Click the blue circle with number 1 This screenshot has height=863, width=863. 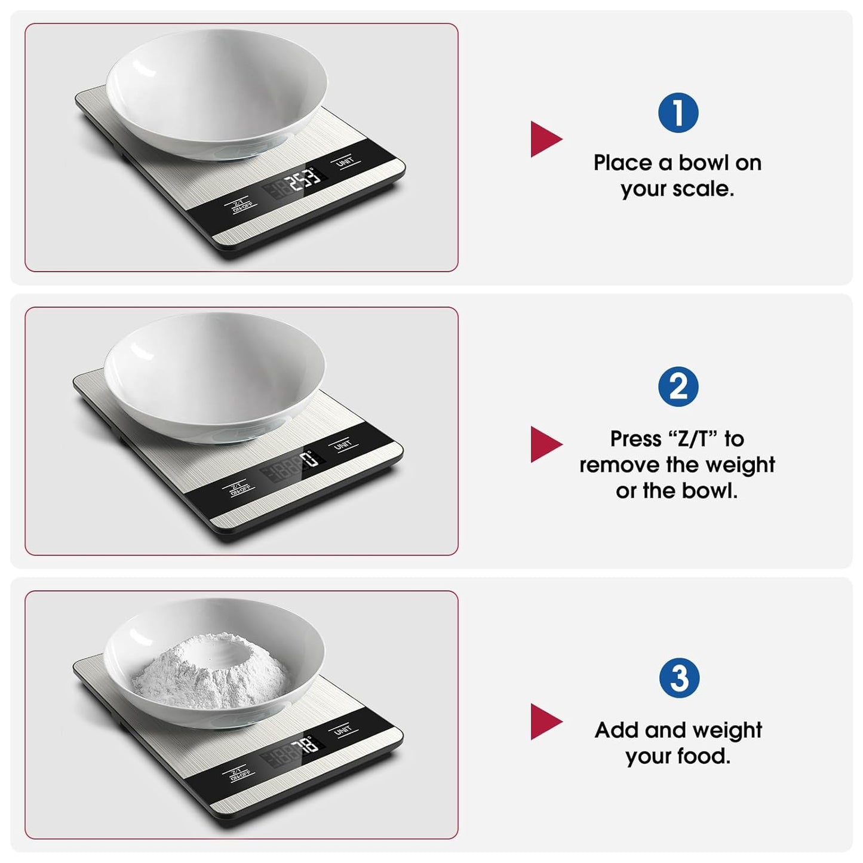point(678,113)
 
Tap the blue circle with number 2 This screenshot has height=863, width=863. point(678,387)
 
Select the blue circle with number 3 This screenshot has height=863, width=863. point(679,678)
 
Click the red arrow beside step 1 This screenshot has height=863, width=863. point(545,139)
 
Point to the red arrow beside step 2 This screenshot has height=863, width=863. point(545,444)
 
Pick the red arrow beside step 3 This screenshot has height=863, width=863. point(545,721)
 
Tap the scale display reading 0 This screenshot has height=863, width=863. point(309,459)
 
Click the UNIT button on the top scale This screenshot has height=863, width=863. point(345,162)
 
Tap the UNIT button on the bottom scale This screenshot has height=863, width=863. point(343,730)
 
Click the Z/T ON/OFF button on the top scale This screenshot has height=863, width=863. point(242,205)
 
